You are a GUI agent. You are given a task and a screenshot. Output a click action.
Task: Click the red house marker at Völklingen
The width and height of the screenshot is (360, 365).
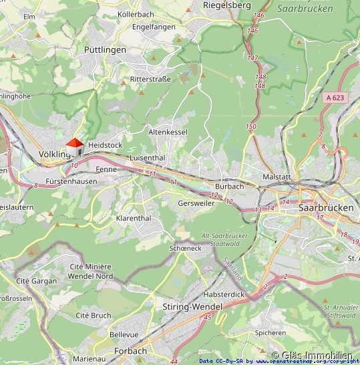74,146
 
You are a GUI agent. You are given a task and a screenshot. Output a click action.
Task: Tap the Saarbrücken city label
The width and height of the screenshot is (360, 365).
327,208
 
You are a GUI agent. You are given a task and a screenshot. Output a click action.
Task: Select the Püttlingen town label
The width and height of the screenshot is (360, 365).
105,50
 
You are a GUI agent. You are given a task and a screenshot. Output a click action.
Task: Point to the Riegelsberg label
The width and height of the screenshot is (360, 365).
227,5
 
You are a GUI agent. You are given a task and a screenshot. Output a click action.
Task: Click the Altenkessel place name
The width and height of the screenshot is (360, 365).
168,132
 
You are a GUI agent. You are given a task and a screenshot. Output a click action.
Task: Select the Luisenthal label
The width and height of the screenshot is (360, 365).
147,157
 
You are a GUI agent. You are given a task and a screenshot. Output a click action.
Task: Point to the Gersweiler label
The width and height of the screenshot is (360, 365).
196,203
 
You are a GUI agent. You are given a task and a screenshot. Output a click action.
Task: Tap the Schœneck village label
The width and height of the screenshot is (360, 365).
186,248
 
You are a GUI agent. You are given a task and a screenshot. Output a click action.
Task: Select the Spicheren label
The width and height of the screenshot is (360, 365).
271,332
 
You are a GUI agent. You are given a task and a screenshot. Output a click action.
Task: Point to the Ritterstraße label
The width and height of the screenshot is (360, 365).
150,79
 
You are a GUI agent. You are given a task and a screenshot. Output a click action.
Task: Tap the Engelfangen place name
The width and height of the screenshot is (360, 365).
154,27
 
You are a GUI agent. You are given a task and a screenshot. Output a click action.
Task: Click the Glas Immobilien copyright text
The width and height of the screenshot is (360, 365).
312,356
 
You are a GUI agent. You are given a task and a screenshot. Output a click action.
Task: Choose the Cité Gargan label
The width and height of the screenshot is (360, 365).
36,281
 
